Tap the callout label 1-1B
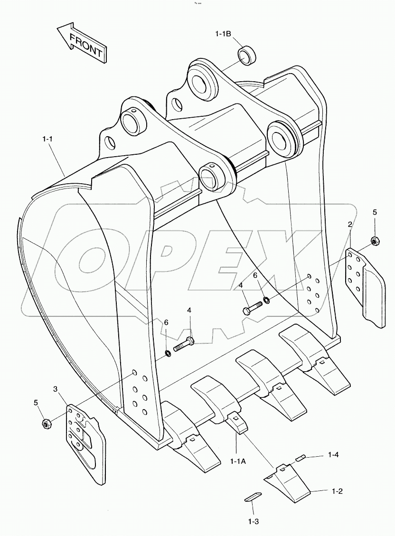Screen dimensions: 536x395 [223, 34]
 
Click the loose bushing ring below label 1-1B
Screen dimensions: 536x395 [248, 56]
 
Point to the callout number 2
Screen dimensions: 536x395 [350, 224]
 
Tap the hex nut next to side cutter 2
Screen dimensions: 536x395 [374, 242]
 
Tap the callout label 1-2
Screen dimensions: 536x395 [337, 491]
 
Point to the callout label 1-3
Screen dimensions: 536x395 [253, 521]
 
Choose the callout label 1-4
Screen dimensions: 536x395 [333, 455]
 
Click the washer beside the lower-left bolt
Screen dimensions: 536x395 [168, 353]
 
